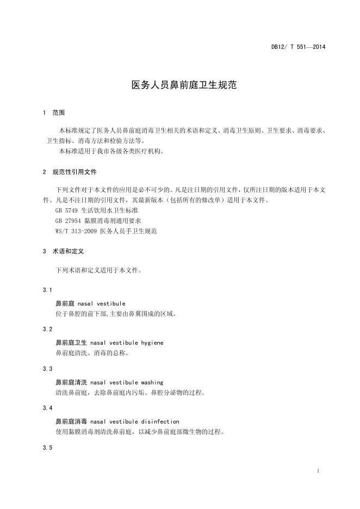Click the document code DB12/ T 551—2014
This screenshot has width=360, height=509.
click(x=298, y=47)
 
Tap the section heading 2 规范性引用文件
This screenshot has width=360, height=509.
click(x=69, y=171)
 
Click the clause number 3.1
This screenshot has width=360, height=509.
click(x=47, y=290)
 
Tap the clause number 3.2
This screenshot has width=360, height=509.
click(x=47, y=330)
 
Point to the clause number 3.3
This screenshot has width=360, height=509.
click(x=47, y=369)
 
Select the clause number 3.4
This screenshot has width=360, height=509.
click(x=47, y=408)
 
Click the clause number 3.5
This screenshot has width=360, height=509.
click(x=47, y=448)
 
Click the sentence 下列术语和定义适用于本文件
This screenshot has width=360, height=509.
click(x=98, y=270)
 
